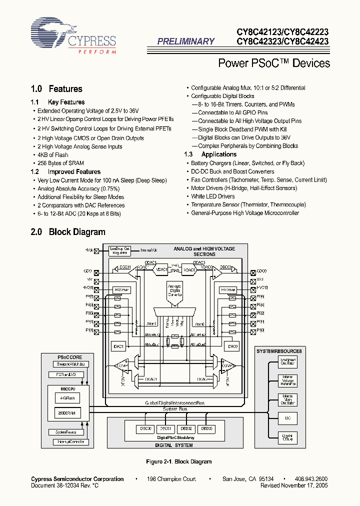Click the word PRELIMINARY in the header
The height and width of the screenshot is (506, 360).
(x=186, y=42)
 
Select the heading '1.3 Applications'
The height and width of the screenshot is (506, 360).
(x=210, y=154)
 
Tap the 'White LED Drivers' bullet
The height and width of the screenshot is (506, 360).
(x=212, y=196)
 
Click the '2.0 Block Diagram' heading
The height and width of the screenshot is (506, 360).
(x=68, y=232)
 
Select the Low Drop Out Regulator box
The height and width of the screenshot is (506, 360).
(x=120, y=251)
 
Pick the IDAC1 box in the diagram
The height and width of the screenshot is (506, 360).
(x=119, y=346)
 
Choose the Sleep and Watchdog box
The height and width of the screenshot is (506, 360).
(x=69, y=364)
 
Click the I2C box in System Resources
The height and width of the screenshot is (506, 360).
(x=287, y=417)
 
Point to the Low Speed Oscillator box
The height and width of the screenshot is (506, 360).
(x=287, y=361)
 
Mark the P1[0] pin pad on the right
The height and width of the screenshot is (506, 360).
(x=253, y=331)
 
